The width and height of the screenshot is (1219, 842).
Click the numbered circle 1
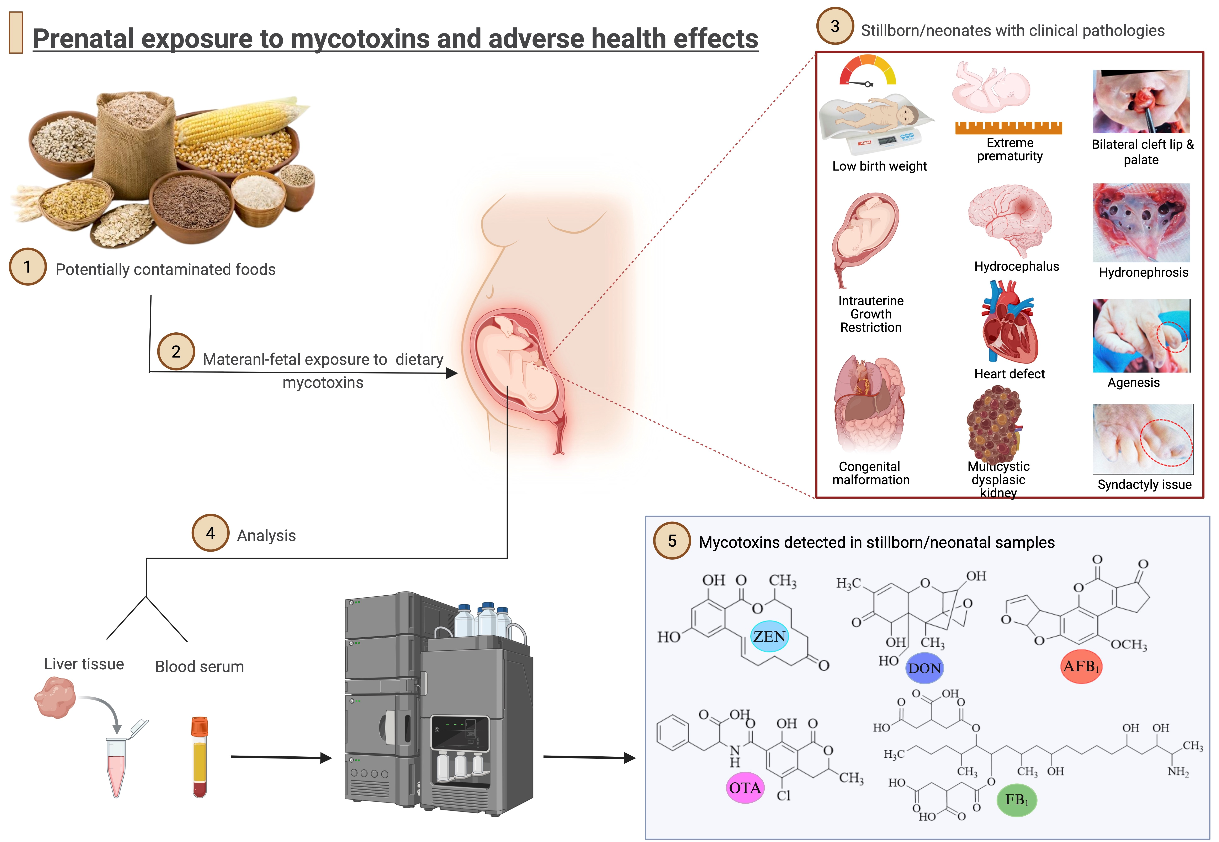coord(27,267)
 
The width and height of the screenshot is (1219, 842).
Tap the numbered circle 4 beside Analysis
coord(210,533)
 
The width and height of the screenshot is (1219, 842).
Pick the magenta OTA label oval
coord(745,788)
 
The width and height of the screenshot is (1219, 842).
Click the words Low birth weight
coord(879,166)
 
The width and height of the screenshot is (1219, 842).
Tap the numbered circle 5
coord(672,541)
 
